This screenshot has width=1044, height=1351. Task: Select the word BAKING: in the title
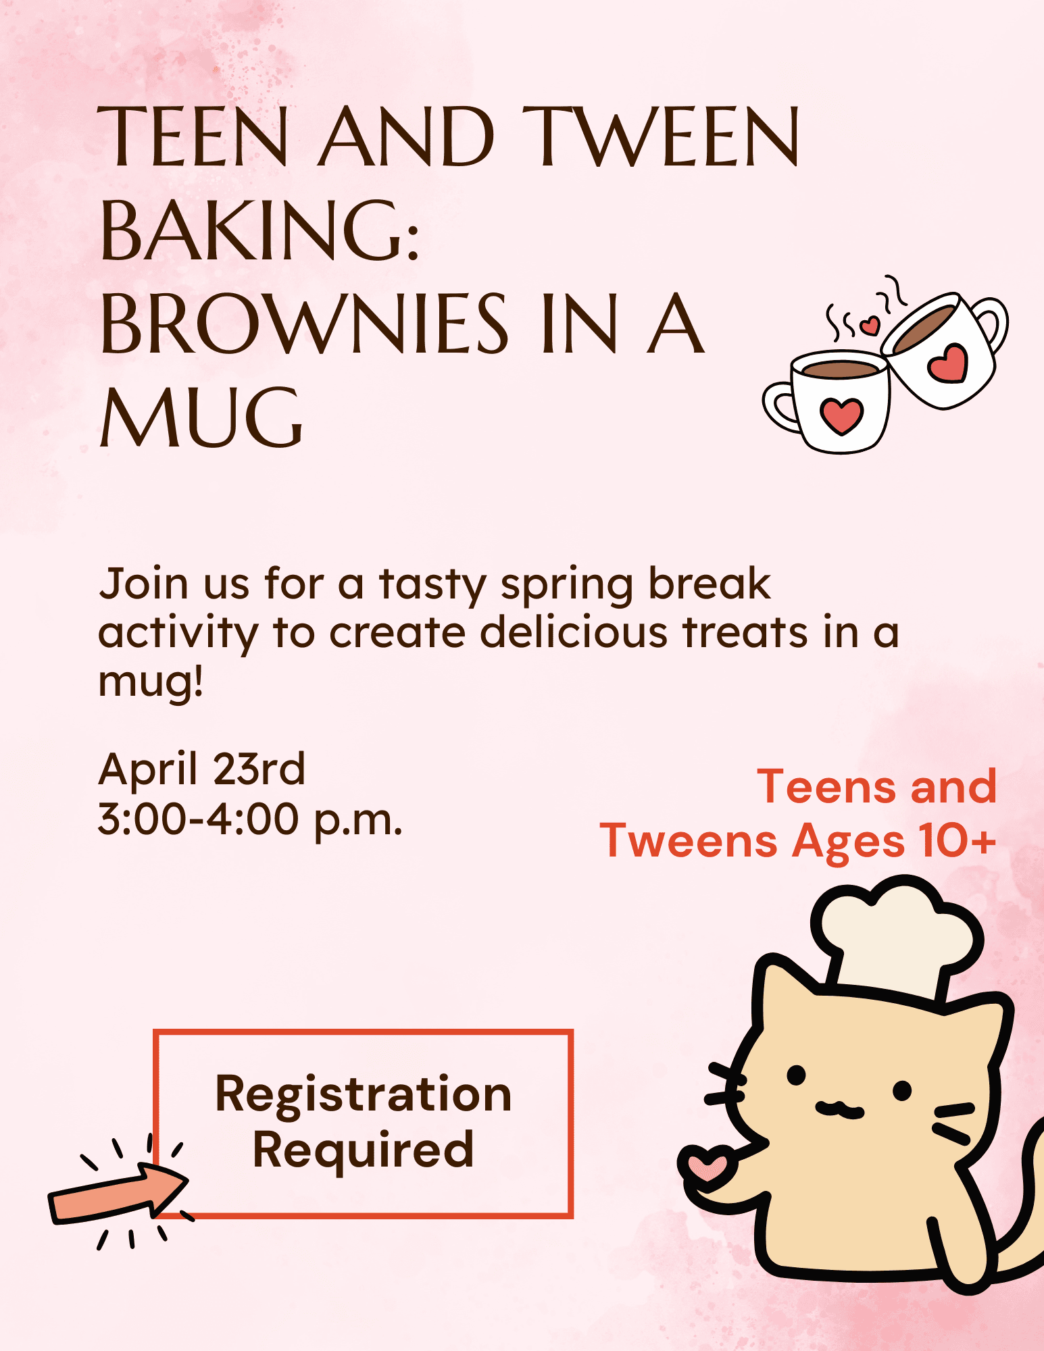(260, 231)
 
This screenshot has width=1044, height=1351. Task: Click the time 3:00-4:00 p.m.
(250, 819)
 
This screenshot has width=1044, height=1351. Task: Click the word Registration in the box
(363, 1094)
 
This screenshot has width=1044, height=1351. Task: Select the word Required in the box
(363, 1150)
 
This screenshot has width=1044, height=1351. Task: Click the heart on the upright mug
(841, 415)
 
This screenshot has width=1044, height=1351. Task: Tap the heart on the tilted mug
(947, 363)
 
